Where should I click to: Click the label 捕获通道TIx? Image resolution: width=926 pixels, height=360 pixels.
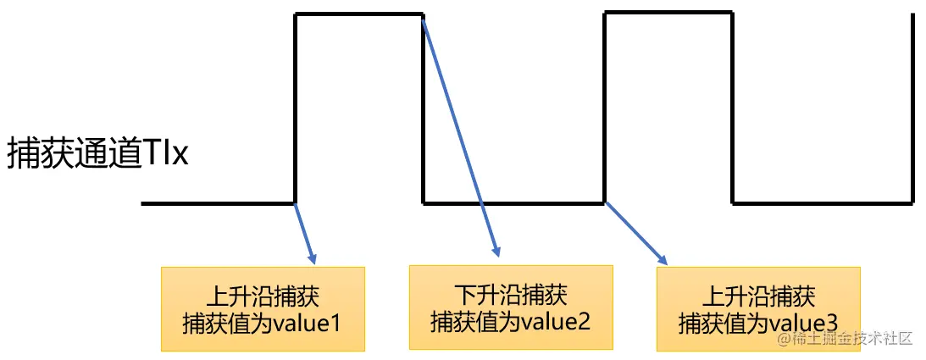click(x=97, y=155)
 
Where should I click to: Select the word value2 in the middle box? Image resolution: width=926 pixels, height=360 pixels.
click(x=554, y=322)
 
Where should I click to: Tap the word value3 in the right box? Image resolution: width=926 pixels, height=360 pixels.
click(x=802, y=324)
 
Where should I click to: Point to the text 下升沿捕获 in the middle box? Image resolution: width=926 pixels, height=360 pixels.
click(x=510, y=296)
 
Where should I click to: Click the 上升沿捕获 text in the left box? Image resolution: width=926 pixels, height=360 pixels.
click(x=263, y=297)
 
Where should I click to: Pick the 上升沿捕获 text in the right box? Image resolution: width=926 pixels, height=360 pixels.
click(x=759, y=297)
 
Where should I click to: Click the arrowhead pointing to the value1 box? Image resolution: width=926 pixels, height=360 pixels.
click(x=313, y=256)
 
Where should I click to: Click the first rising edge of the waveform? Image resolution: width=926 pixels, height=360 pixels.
click(x=295, y=108)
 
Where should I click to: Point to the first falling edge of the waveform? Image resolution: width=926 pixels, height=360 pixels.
click(x=423, y=108)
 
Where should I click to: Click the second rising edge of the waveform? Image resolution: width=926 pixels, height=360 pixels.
click(x=605, y=108)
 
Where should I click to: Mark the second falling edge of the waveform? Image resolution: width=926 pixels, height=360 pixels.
click(x=732, y=108)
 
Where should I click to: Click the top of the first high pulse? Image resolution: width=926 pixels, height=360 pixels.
click(x=358, y=14)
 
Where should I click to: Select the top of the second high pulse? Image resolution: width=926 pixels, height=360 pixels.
click(x=668, y=13)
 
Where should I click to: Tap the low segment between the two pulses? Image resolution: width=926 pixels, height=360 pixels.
click(x=513, y=203)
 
